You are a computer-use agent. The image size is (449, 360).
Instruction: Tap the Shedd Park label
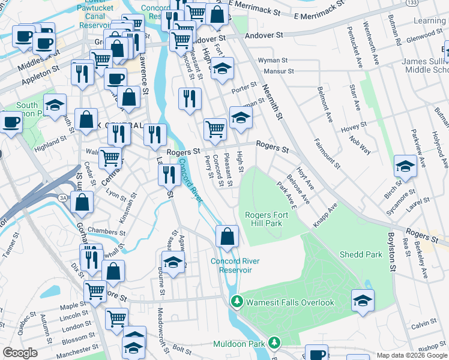coord(360,254)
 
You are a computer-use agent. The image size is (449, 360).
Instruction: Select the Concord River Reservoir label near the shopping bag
coord(235,265)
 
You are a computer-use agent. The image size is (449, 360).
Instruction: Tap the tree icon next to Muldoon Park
coord(274,344)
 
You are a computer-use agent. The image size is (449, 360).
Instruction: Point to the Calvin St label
coord(424,323)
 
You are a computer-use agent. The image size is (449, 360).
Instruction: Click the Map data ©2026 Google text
coord(412,355)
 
